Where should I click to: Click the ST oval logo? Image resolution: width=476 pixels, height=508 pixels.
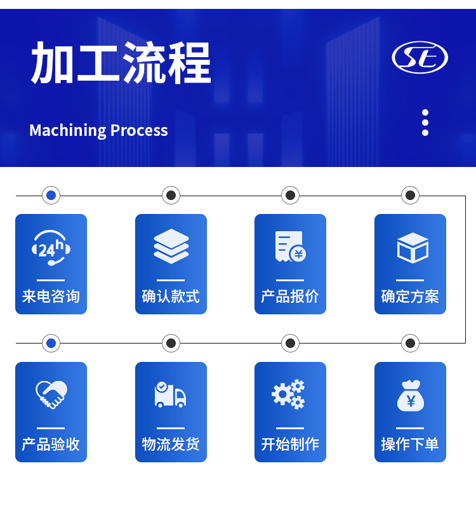[420, 57]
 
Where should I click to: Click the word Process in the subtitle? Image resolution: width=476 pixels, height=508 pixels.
[139, 130]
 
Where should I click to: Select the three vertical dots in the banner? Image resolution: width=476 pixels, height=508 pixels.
[425, 123]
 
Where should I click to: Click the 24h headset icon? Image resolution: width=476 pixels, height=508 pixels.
[51, 248]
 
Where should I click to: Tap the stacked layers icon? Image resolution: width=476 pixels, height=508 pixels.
[171, 246]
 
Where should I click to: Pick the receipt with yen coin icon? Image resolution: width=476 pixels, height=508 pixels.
[291, 246]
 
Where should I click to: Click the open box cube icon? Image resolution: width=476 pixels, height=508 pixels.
[413, 248]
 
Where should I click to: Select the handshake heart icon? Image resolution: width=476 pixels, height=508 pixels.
[51, 394]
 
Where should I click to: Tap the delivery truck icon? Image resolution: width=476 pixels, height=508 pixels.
[170, 394]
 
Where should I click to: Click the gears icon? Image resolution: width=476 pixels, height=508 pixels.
[288, 394]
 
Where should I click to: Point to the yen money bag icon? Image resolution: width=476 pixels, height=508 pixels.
[411, 396]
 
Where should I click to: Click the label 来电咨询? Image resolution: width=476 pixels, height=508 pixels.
[51, 296]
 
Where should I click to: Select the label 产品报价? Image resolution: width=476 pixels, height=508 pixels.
[290, 296]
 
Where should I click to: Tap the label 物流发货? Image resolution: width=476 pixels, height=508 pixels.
[171, 444]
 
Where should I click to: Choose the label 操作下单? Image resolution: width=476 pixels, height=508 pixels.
[410, 444]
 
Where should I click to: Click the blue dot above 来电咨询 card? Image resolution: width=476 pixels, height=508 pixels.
[51, 196]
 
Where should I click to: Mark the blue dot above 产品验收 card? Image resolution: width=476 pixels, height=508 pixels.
[51, 343]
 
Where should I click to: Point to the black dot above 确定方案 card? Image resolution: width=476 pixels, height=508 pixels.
[410, 196]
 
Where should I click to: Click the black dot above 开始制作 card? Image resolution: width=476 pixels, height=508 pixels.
[291, 343]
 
